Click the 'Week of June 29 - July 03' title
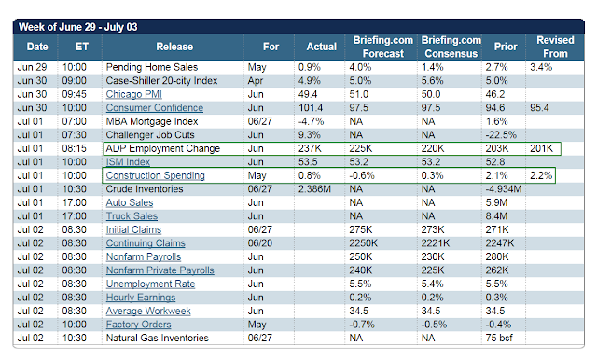pyautogui.click(x=78, y=27)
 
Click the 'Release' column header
pyautogui.click(x=174, y=47)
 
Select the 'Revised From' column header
pyautogui.click(x=555, y=47)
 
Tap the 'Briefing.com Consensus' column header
pyautogui.click(x=451, y=47)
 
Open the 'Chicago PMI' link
pyautogui.click(x=134, y=94)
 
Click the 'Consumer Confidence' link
pyautogui.click(x=155, y=107)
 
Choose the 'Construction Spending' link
pyautogui.click(x=156, y=175)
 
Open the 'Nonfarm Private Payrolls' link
pyautogui.click(x=160, y=270)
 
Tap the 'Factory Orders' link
pyautogui.click(x=139, y=325)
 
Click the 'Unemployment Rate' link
pyautogui.click(x=150, y=284)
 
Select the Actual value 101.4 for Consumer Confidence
pyautogui.click(x=311, y=107)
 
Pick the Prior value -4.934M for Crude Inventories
pyautogui.click(x=504, y=189)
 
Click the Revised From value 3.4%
pyautogui.click(x=541, y=67)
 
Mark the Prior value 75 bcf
pyautogui.click(x=499, y=338)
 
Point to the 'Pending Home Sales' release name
pyautogui.click(x=152, y=67)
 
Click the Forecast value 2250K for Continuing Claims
pyautogui.click(x=363, y=243)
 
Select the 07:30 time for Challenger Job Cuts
pyautogui.click(x=75, y=135)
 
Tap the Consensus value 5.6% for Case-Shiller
pyautogui.click(x=432, y=81)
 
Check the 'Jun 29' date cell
pyautogui.click(x=32, y=67)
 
